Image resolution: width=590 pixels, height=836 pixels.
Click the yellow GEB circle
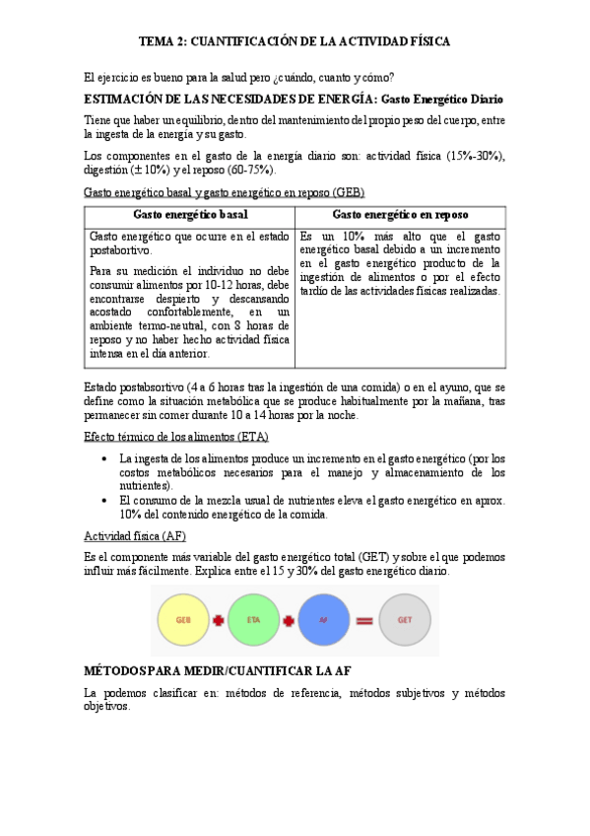(x=183, y=620)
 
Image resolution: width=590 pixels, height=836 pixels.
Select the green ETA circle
(x=252, y=620)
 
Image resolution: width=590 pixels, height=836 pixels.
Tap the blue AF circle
(x=321, y=620)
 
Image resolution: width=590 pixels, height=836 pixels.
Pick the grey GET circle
(x=404, y=620)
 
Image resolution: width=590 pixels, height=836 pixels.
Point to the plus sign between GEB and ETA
(x=218, y=621)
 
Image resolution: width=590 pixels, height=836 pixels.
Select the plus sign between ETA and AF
(x=288, y=621)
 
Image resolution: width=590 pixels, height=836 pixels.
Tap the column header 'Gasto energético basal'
(x=190, y=214)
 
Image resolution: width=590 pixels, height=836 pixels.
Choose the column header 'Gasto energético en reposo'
(x=400, y=214)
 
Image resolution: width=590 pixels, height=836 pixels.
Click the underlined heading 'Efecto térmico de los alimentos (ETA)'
(x=177, y=436)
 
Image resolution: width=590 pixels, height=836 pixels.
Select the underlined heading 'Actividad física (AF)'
(x=135, y=535)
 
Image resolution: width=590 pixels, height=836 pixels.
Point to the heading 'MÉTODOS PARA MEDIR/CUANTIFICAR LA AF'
(x=218, y=670)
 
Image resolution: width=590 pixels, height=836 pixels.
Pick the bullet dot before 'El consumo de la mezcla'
(x=105, y=501)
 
